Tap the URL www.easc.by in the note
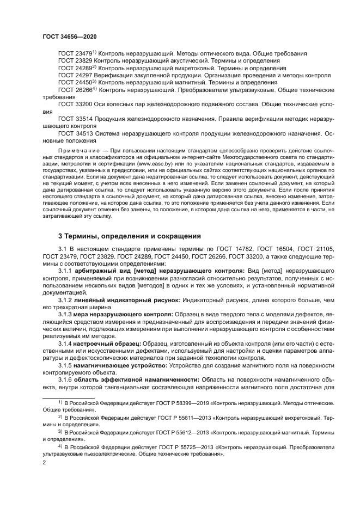coord(152,162)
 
